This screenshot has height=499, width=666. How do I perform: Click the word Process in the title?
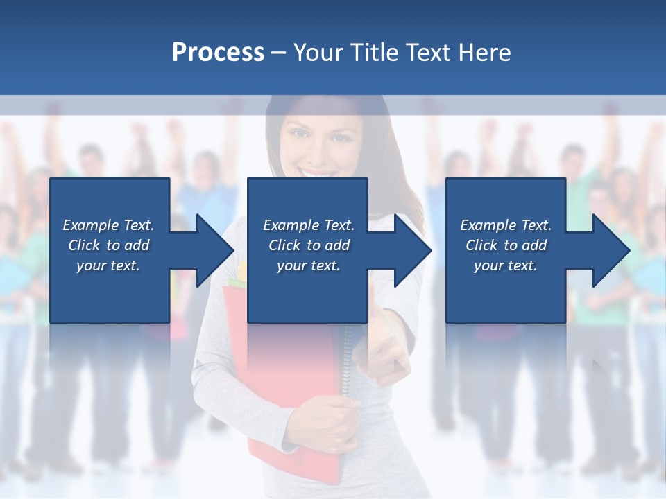[218, 53]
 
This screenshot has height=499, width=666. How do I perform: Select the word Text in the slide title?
[429, 53]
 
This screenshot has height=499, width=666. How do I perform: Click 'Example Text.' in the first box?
[109, 225]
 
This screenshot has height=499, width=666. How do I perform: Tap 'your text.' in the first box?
[109, 265]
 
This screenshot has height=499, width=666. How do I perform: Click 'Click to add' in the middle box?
[309, 245]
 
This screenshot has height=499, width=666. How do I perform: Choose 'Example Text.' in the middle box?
[309, 225]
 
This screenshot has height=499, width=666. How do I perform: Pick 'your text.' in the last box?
[506, 265]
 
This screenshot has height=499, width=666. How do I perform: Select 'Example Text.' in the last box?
[506, 225]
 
